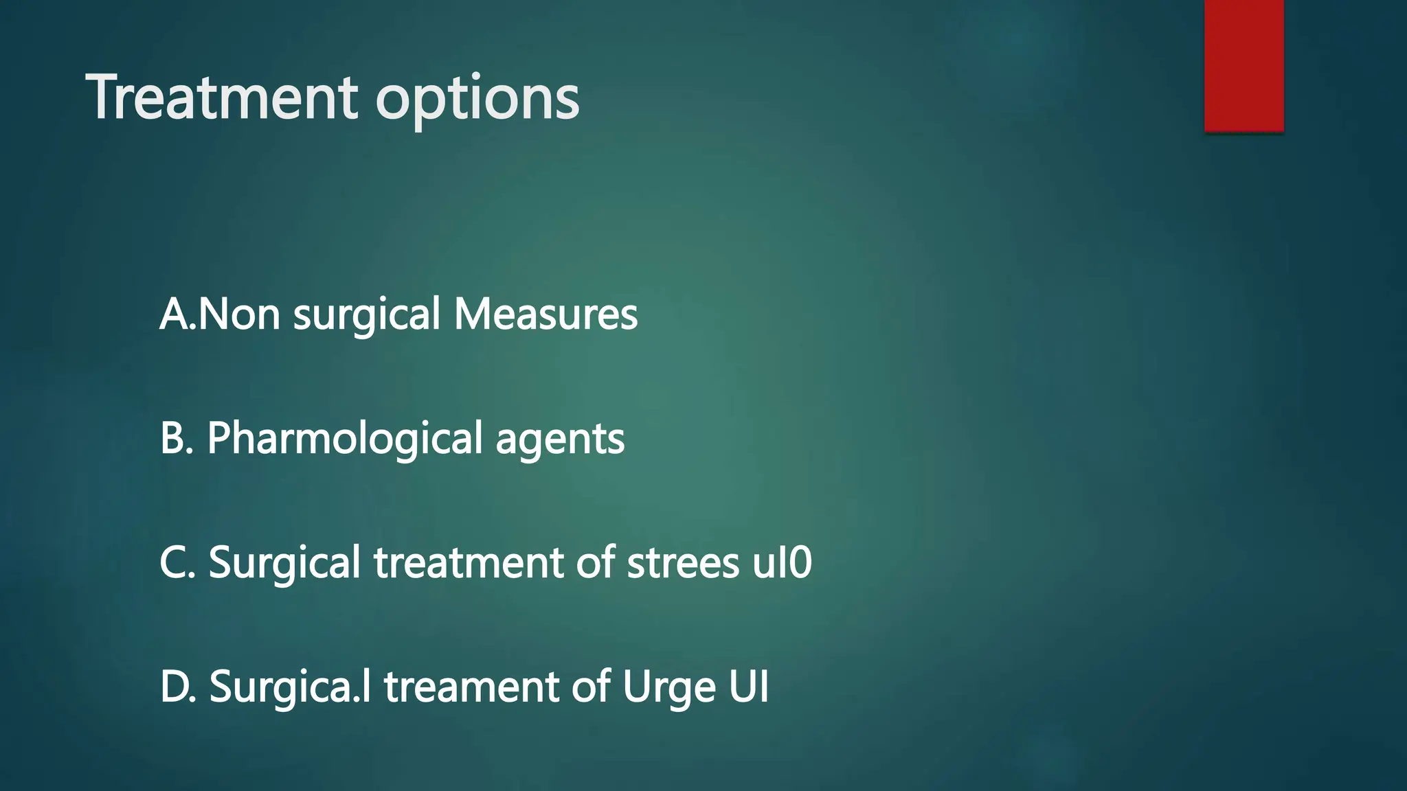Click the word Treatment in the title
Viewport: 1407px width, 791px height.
click(222, 98)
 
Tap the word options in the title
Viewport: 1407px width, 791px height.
click(477, 100)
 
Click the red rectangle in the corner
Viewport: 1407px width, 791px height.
click(1243, 65)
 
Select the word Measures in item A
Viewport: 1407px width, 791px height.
click(545, 314)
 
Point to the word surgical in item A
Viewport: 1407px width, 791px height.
click(367, 316)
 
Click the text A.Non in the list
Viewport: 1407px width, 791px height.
click(220, 314)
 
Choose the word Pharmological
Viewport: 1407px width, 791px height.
click(345, 439)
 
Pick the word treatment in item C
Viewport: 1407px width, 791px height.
click(469, 563)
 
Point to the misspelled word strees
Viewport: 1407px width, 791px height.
click(683, 563)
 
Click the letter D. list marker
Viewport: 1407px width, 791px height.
click(178, 687)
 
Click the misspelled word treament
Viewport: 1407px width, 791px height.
click(472, 687)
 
